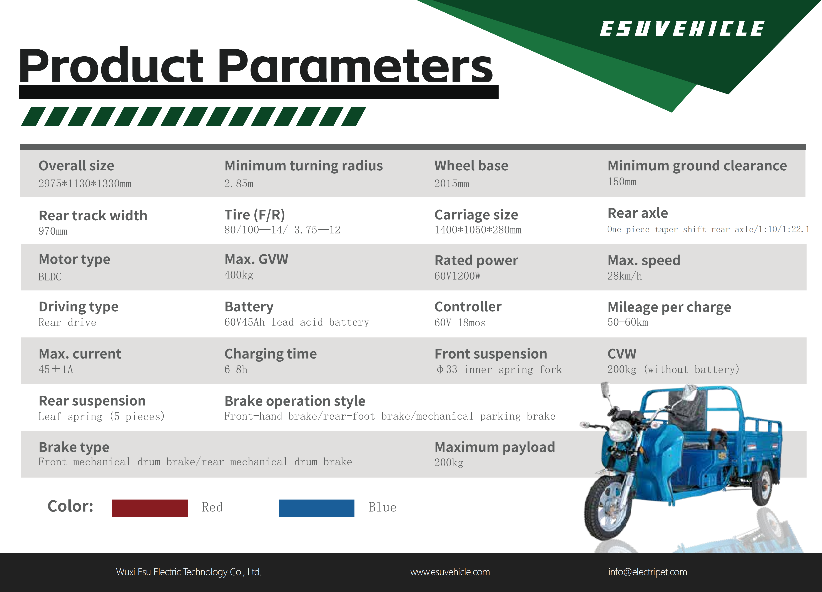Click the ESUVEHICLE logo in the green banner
point(682,29)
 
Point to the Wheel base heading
point(471,166)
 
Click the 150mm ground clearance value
point(622,182)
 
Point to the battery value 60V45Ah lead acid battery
point(296,322)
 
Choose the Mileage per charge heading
point(669,307)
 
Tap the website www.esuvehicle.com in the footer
point(450,572)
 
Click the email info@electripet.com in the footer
point(647,572)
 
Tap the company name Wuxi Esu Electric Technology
point(189,572)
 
